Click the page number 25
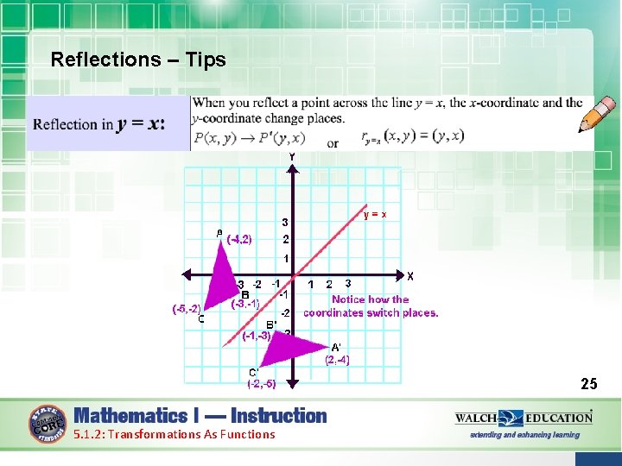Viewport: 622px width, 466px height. pyautogui.click(x=588, y=383)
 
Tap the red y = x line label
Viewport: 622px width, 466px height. pyautogui.click(x=374, y=214)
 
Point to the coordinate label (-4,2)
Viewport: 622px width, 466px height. pyautogui.click(x=238, y=240)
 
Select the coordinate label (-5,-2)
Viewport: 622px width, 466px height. pyautogui.click(x=187, y=308)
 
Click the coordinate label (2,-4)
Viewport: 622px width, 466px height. pyautogui.click(x=337, y=360)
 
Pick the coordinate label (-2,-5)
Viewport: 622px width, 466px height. pyautogui.click(x=261, y=384)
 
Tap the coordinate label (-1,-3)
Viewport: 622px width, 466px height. pyautogui.click(x=257, y=336)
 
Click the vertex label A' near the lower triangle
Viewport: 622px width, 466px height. pyautogui.click(x=337, y=348)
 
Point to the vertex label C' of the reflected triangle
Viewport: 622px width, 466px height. pyautogui.click(x=254, y=373)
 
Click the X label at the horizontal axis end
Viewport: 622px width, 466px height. pyautogui.click(x=410, y=276)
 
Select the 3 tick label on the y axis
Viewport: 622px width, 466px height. pyautogui.click(x=285, y=221)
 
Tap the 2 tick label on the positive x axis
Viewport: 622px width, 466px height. pyautogui.click(x=329, y=283)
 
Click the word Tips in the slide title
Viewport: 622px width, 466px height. pyautogui.click(x=206, y=60)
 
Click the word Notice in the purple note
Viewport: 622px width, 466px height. pyautogui.click(x=349, y=299)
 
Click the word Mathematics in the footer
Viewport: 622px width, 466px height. pyautogui.click(x=130, y=415)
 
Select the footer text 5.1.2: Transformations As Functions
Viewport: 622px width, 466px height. pyautogui.click(x=174, y=434)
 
